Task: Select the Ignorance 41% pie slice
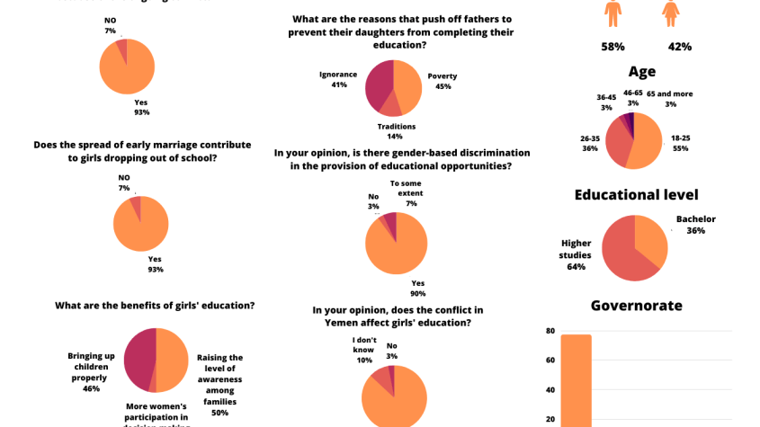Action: [x=379, y=85]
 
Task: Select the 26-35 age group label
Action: [x=590, y=144]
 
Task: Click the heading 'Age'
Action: [x=642, y=72]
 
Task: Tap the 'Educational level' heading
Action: [x=636, y=194]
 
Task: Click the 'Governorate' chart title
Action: [x=636, y=306]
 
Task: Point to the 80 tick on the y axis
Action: [x=549, y=331]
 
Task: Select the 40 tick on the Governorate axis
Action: [x=549, y=389]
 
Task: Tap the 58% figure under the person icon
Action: [x=613, y=46]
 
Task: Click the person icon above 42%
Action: [x=670, y=13]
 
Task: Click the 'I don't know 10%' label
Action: [x=364, y=350]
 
